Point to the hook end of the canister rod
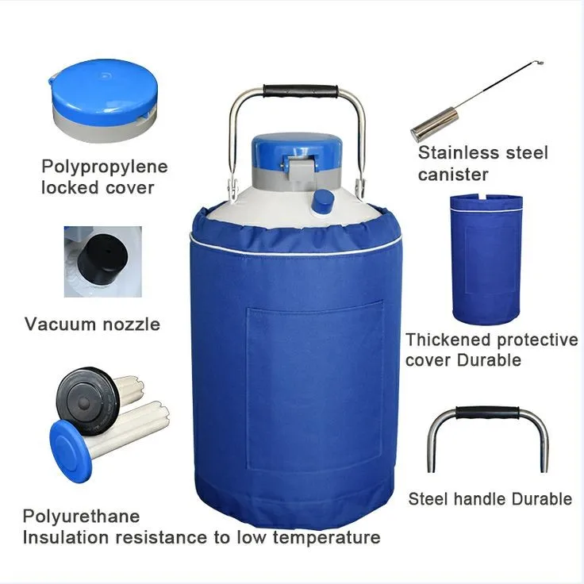[540, 64]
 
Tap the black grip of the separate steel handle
[487, 414]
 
